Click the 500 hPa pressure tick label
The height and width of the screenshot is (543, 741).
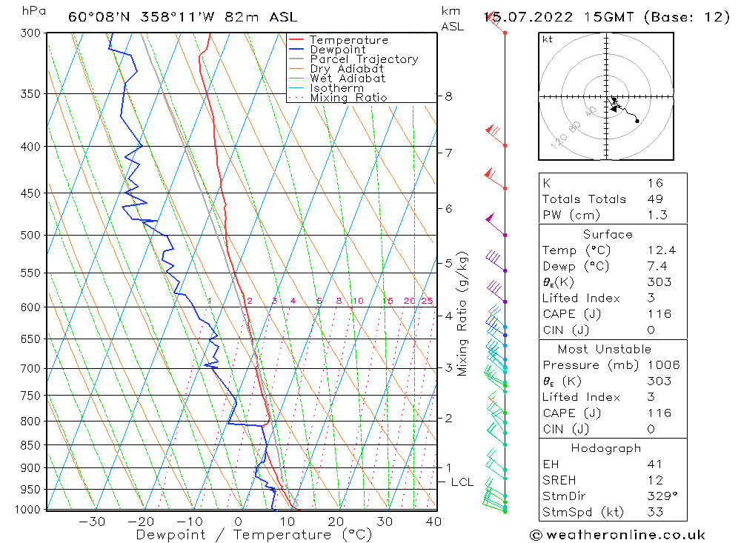(30, 236)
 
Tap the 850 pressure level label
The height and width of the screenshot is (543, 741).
(30, 445)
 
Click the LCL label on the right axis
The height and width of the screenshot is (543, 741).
(462, 482)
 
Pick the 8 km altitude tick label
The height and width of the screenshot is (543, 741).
(449, 96)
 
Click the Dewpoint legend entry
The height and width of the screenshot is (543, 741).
(337, 50)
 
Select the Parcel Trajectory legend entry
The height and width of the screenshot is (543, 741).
(363, 59)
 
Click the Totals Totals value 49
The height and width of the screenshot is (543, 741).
(655, 199)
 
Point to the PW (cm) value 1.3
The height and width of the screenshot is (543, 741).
(657, 216)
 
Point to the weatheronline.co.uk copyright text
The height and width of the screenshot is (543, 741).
(617, 535)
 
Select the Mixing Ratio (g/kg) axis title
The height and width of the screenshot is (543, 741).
(463, 313)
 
